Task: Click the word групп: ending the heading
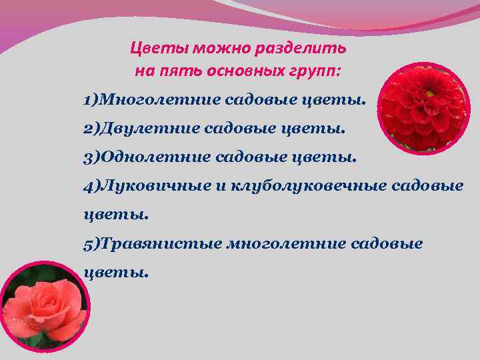(318, 69)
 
